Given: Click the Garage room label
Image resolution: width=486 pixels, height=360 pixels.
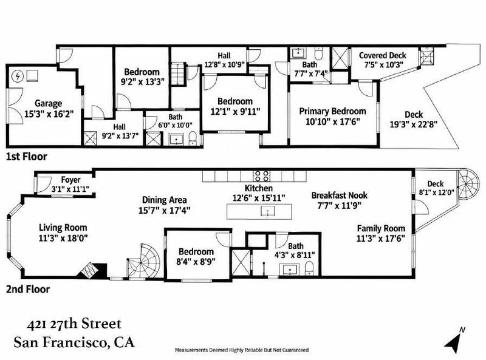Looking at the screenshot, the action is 48,103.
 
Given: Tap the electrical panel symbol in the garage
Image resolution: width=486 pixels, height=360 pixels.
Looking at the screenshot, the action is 18,76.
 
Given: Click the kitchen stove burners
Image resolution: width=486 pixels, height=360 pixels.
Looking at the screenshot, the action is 262,175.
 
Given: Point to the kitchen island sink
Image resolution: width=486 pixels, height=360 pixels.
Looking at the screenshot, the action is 267,212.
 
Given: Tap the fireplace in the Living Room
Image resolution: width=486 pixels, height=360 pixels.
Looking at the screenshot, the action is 92,271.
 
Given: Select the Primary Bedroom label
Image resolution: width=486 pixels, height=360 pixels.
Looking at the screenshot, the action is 332,111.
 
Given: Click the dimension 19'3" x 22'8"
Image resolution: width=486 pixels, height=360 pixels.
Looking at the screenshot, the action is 414,124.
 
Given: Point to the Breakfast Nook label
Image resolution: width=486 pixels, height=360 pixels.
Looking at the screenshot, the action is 340,195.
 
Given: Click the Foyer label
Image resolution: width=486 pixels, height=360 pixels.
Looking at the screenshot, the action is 70,180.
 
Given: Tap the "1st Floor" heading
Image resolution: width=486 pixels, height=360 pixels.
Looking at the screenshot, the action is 27,157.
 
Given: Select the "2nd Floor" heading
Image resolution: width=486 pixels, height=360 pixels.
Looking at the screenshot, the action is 28,290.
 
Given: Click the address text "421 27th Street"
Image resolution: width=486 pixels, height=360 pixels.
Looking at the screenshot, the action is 74,324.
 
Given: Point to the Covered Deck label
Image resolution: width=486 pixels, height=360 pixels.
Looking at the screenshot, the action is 383,55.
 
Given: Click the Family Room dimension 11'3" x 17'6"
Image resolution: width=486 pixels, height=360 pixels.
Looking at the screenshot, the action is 381,239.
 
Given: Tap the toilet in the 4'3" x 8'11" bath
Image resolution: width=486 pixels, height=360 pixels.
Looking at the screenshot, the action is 309,268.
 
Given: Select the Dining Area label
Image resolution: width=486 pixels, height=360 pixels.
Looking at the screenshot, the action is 164,200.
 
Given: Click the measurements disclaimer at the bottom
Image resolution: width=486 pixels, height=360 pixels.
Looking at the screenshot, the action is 242,350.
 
